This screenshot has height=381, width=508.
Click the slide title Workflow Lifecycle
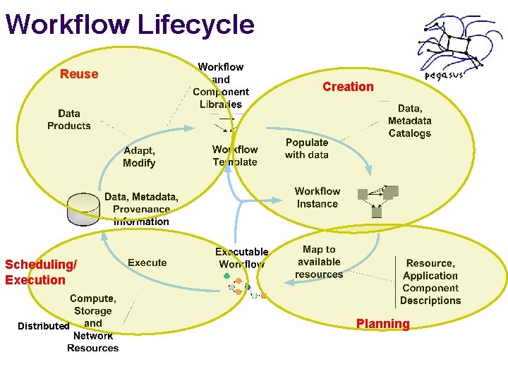129,24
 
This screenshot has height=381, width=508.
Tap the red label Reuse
79,74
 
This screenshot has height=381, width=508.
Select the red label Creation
348,87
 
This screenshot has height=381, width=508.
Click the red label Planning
382,324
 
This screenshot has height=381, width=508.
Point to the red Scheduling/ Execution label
40,272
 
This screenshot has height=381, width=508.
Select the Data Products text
69,119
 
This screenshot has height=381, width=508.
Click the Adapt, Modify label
139,157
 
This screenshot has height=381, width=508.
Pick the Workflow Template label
235,156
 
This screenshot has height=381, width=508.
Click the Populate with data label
307,148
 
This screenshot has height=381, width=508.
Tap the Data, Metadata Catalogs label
410,121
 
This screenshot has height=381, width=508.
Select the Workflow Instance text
317,198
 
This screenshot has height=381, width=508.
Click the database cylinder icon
83,210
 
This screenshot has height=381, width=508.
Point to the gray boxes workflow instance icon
379,201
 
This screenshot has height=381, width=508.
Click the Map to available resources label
319,262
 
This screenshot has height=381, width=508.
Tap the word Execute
147,262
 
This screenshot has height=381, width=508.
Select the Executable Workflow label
241,258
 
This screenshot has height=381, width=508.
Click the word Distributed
43,326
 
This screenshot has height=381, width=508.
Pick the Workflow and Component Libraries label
221,85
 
